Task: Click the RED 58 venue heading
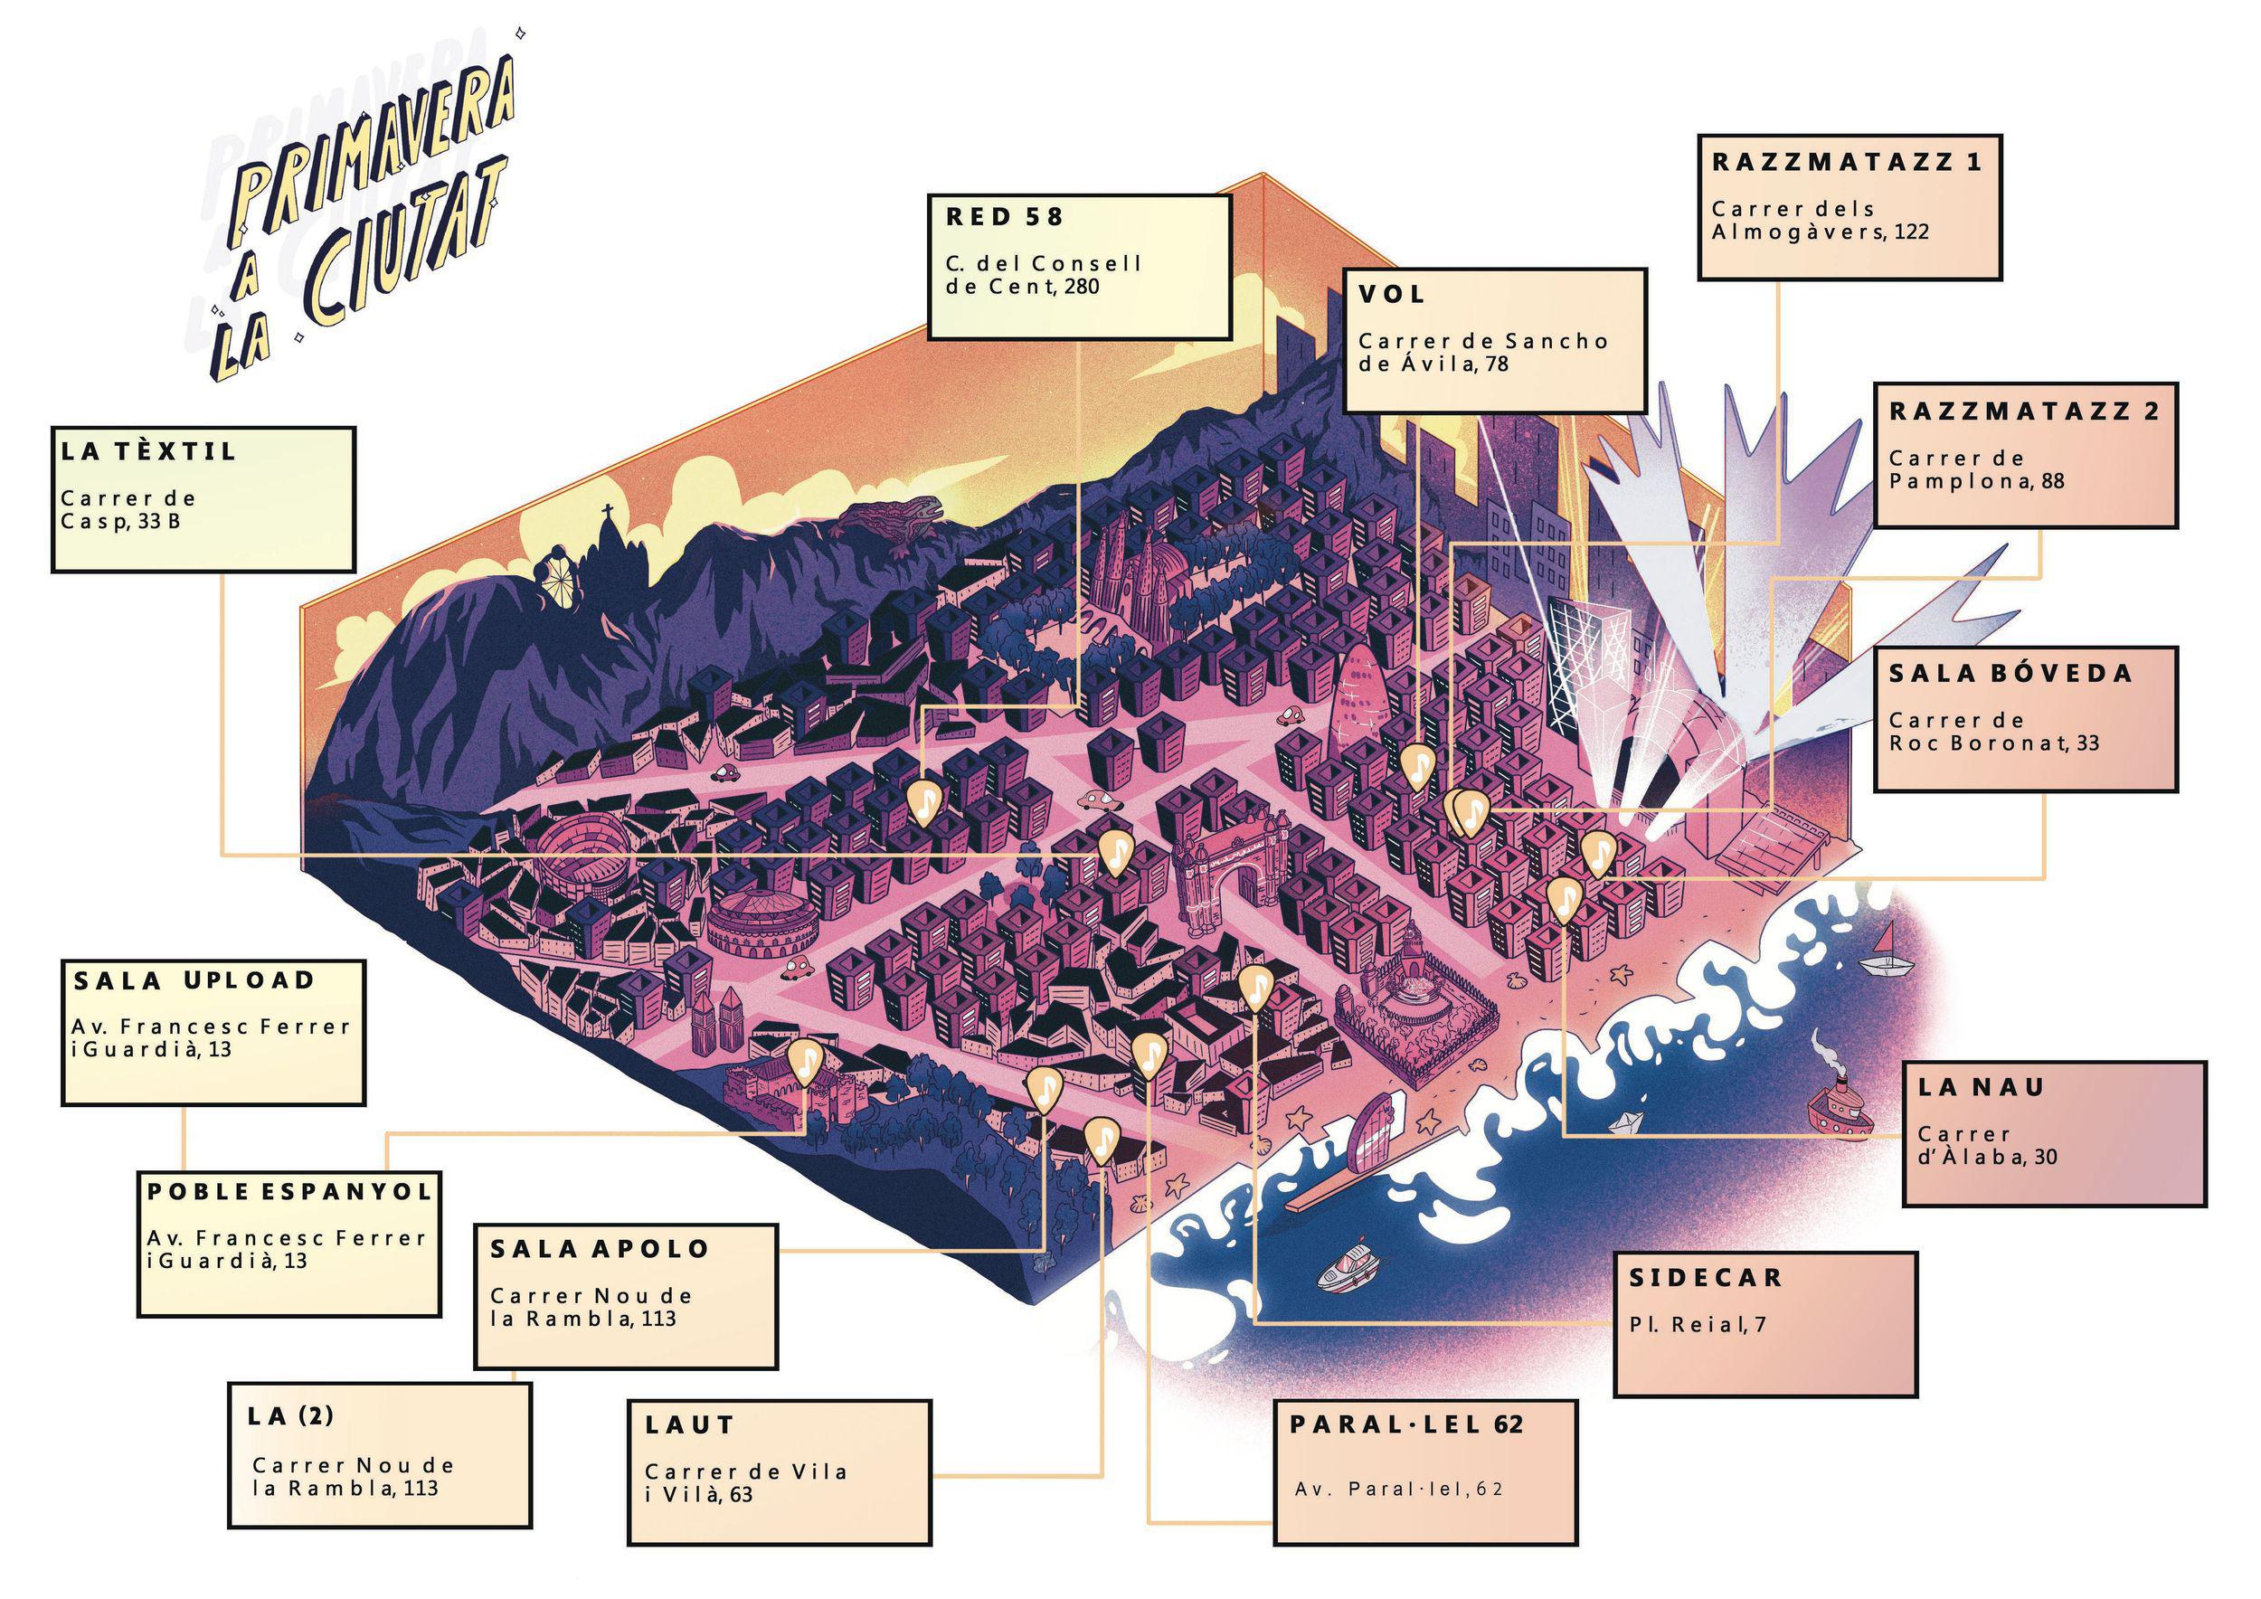[1005, 218]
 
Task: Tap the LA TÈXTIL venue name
[148, 452]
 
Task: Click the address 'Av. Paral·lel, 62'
[1399, 1488]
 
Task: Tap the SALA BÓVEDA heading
[2010, 674]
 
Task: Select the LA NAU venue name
[1981, 1087]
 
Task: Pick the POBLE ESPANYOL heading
[289, 1191]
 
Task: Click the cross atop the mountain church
[609, 513]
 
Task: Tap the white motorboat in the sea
[1349, 1274]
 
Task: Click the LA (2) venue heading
[290, 1416]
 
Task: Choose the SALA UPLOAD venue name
[194, 980]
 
